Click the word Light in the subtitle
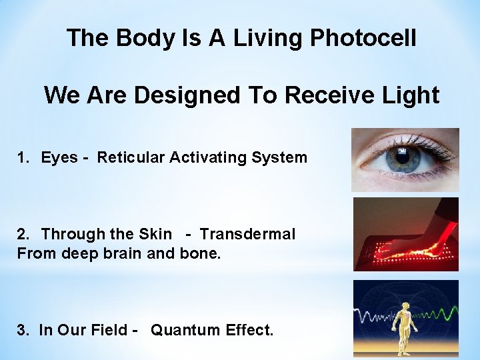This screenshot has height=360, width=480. coord(409,95)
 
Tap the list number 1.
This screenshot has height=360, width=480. coord(22,158)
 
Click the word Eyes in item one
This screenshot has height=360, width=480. coord(59,158)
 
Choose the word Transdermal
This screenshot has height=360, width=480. coord(247,234)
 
